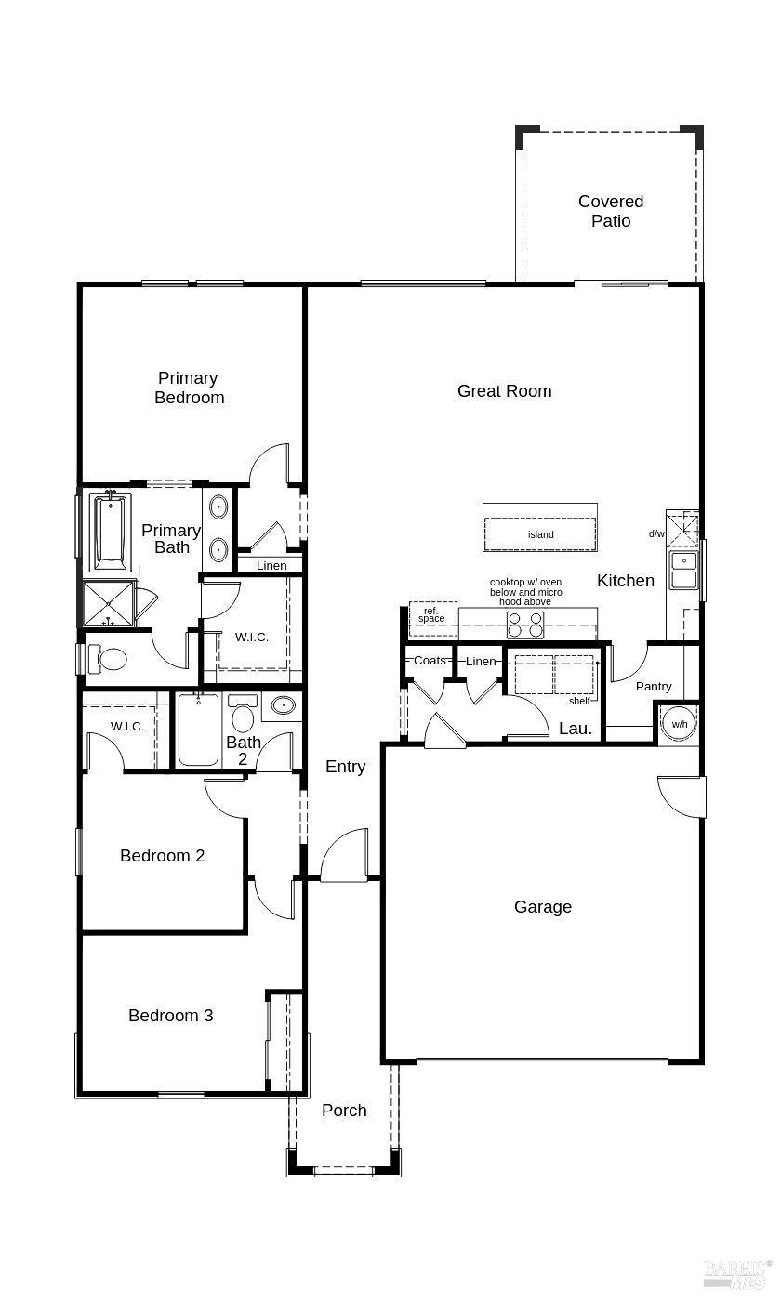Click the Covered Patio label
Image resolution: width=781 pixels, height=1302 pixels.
[x=611, y=211]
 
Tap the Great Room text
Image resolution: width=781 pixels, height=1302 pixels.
[x=504, y=391]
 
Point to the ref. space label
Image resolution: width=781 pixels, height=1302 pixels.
[x=431, y=615]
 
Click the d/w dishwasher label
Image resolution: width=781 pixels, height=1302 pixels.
[x=656, y=533]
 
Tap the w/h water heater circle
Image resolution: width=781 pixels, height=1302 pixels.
[x=680, y=724]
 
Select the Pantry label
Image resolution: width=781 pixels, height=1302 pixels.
[x=654, y=687]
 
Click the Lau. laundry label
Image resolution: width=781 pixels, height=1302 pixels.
[x=576, y=729]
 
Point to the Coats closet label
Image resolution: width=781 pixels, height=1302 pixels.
[x=430, y=661]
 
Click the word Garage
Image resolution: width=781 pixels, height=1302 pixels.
[x=543, y=907]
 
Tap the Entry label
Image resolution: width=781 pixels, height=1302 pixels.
[x=345, y=767]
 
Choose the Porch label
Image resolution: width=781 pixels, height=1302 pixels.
[x=344, y=1111]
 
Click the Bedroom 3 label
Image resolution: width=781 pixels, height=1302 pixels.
[x=171, y=1016]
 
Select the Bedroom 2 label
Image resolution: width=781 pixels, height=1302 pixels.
[x=163, y=856]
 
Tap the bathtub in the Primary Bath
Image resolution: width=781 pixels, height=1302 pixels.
[x=111, y=533]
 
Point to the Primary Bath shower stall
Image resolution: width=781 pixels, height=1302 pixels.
[x=108, y=604]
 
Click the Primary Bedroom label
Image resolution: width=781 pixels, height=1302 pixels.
[x=190, y=388]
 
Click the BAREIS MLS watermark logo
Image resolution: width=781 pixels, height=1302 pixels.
[x=736, y=1274]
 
